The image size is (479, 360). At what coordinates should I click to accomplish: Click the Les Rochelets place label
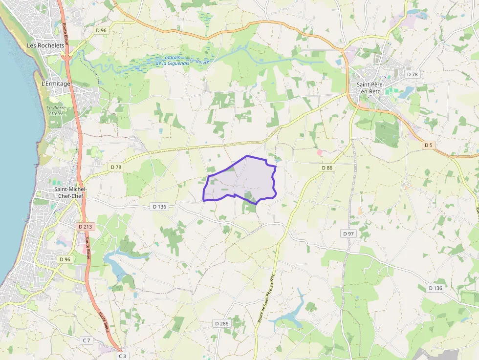[x=45, y=45]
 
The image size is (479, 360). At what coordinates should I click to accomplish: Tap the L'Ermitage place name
[x=56, y=84]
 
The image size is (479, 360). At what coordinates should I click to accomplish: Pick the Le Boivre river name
[x=199, y=61]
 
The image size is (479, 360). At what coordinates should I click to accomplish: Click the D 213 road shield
[x=85, y=227]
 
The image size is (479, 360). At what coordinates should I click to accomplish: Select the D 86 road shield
[x=327, y=168]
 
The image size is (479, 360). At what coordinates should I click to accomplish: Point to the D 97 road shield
[x=348, y=234]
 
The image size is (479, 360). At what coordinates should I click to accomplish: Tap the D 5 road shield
[x=428, y=145]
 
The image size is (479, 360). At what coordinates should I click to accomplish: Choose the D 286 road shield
[x=221, y=323]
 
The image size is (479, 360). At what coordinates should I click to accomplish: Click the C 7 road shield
[x=87, y=340]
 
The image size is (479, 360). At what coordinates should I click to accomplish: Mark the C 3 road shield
[x=122, y=356]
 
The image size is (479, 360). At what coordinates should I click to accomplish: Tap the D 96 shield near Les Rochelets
[x=101, y=30]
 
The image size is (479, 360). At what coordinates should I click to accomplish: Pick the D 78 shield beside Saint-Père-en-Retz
[x=412, y=74]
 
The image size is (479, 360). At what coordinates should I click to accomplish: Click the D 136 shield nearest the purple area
[x=159, y=207]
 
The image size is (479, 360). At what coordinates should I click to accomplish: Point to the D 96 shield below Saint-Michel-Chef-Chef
[x=65, y=259]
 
